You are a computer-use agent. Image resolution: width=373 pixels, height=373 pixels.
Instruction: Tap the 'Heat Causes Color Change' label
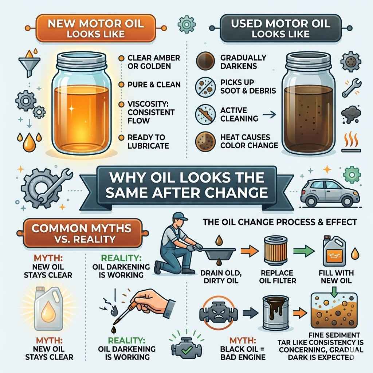coord(249,141)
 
